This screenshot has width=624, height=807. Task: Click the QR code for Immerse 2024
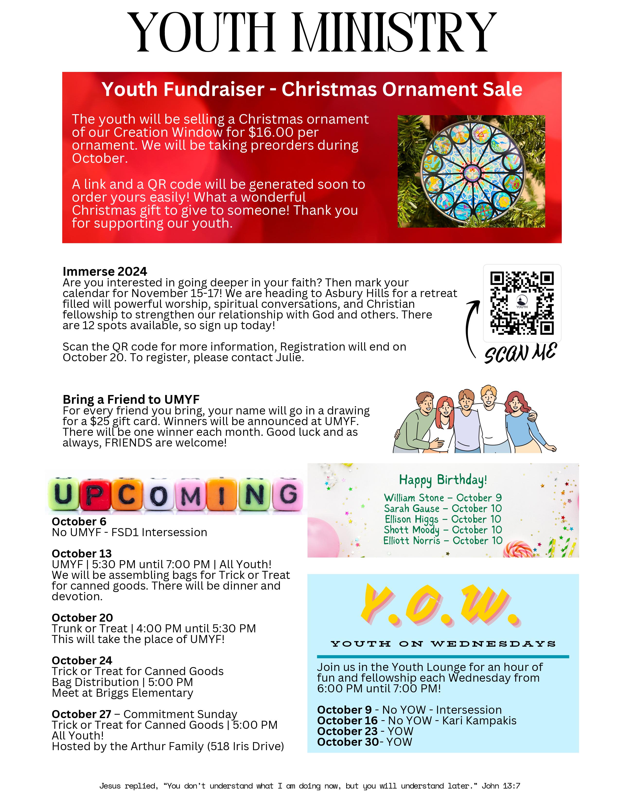[x=522, y=303]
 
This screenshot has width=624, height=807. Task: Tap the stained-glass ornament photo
[x=471, y=172]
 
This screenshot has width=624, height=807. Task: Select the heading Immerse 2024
[x=105, y=272]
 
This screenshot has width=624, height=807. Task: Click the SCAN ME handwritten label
[x=520, y=353]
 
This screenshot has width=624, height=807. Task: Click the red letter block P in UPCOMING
[x=95, y=494]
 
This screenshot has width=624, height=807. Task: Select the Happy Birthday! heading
[x=443, y=480]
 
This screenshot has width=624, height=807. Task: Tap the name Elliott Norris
[x=412, y=541]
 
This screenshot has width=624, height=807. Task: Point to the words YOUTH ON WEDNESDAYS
[x=443, y=644]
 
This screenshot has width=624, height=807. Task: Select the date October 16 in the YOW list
[x=347, y=721]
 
